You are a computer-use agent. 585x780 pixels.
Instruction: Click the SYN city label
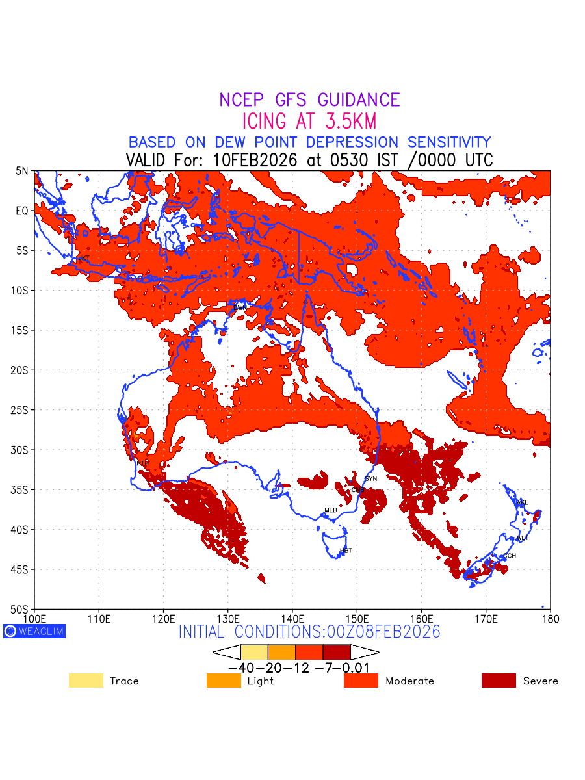[x=370, y=479]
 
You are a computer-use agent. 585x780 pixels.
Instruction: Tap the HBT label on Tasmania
[x=346, y=551]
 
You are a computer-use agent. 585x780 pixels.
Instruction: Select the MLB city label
[x=331, y=510]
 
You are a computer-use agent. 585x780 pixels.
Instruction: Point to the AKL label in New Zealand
[x=522, y=502]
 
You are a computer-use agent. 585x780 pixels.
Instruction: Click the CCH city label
[x=510, y=556]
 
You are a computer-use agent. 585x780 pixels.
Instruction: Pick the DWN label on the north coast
[x=240, y=307]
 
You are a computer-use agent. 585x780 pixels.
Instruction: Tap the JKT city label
[x=83, y=259]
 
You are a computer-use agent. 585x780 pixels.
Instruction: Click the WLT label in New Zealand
[x=523, y=538]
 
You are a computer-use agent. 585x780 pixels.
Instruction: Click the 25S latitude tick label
[x=22, y=410]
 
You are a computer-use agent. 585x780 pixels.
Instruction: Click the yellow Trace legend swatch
[x=86, y=681]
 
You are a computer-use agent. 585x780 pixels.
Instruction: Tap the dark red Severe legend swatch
[x=499, y=681]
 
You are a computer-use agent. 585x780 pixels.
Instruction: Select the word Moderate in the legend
[x=409, y=681]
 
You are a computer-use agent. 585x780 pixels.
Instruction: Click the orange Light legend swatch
[x=224, y=681]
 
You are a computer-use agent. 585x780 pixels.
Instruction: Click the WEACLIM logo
[x=34, y=631]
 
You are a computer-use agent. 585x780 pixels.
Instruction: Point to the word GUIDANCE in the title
[x=359, y=100]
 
